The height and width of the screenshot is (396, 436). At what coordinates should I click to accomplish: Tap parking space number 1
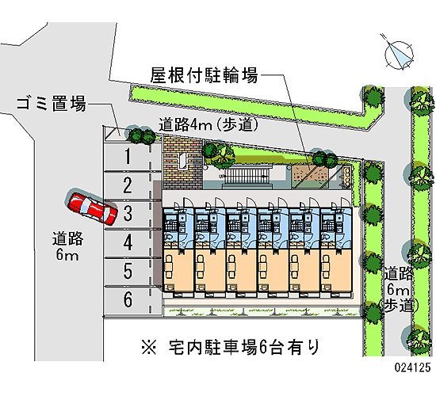point(128,156)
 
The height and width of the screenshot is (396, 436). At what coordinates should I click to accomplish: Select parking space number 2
point(128,185)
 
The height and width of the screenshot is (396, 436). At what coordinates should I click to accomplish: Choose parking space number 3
point(128,214)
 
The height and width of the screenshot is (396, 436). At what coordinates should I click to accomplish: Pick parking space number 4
point(128,242)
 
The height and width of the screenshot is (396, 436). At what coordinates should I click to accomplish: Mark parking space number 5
point(128,272)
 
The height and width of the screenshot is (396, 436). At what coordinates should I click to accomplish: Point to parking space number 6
point(128,300)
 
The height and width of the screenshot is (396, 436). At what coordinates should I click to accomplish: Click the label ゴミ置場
point(52,104)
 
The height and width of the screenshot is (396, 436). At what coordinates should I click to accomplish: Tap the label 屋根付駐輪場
point(204,75)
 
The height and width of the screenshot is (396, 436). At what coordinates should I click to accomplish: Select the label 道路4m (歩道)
point(208,124)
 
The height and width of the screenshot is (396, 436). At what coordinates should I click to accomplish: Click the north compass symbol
point(398,54)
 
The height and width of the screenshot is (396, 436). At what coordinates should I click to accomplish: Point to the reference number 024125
point(413,367)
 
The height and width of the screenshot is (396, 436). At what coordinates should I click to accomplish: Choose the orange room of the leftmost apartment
point(178,269)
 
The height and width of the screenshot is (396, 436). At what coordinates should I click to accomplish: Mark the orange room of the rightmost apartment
point(336,269)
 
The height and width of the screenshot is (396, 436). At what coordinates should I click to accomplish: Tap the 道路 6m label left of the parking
point(67,246)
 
